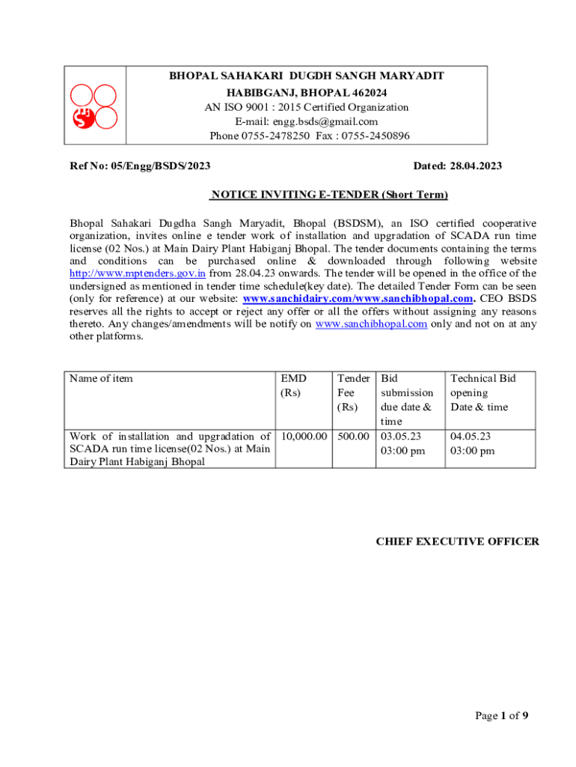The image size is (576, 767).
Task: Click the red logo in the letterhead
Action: point(93,106)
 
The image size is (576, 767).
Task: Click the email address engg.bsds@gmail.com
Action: point(307,121)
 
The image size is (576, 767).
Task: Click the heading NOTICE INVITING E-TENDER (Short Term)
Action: point(328,195)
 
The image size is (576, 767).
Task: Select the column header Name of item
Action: point(101,378)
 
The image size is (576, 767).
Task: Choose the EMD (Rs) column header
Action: point(294,385)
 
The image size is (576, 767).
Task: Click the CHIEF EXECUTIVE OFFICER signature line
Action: point(456,542)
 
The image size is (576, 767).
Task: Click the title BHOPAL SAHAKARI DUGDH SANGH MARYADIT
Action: point(306,76)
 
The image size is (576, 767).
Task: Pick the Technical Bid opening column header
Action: point(482,392)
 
